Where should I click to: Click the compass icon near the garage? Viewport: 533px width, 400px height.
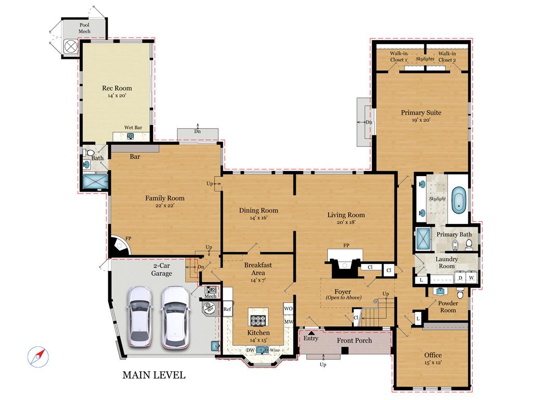pyautogui.click(x=38, y=356)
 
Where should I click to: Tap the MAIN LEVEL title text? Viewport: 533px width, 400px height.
pyautogui.click(x=154, y=375)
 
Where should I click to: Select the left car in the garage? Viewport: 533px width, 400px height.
pyautogui.click(x=139, y=316)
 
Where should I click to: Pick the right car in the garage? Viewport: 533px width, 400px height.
pyautogui.click(x=174, y=316)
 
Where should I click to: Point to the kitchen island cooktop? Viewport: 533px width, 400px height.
pyautogui.click(x=259, y=320)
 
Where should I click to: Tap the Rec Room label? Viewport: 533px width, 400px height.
pyautogui.click(x=117, y=88)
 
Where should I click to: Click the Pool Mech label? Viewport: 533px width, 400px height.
pyautogui.click(x=84, y=28)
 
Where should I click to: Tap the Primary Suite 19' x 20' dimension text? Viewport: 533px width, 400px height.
pyautogui.click(x=421, y=120)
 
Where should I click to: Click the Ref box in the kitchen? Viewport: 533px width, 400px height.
pyautogui.click(x=227, y=309)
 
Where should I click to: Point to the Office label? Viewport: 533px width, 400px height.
pyautogui.click(x=433, y=355)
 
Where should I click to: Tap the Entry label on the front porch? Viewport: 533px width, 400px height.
pyautogui.click(x=311, y=339)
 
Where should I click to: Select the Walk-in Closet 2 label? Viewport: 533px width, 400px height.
pyautogui.click(x=447, y=57)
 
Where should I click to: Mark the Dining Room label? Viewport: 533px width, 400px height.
pyautogui.click(x=258, y=210)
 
